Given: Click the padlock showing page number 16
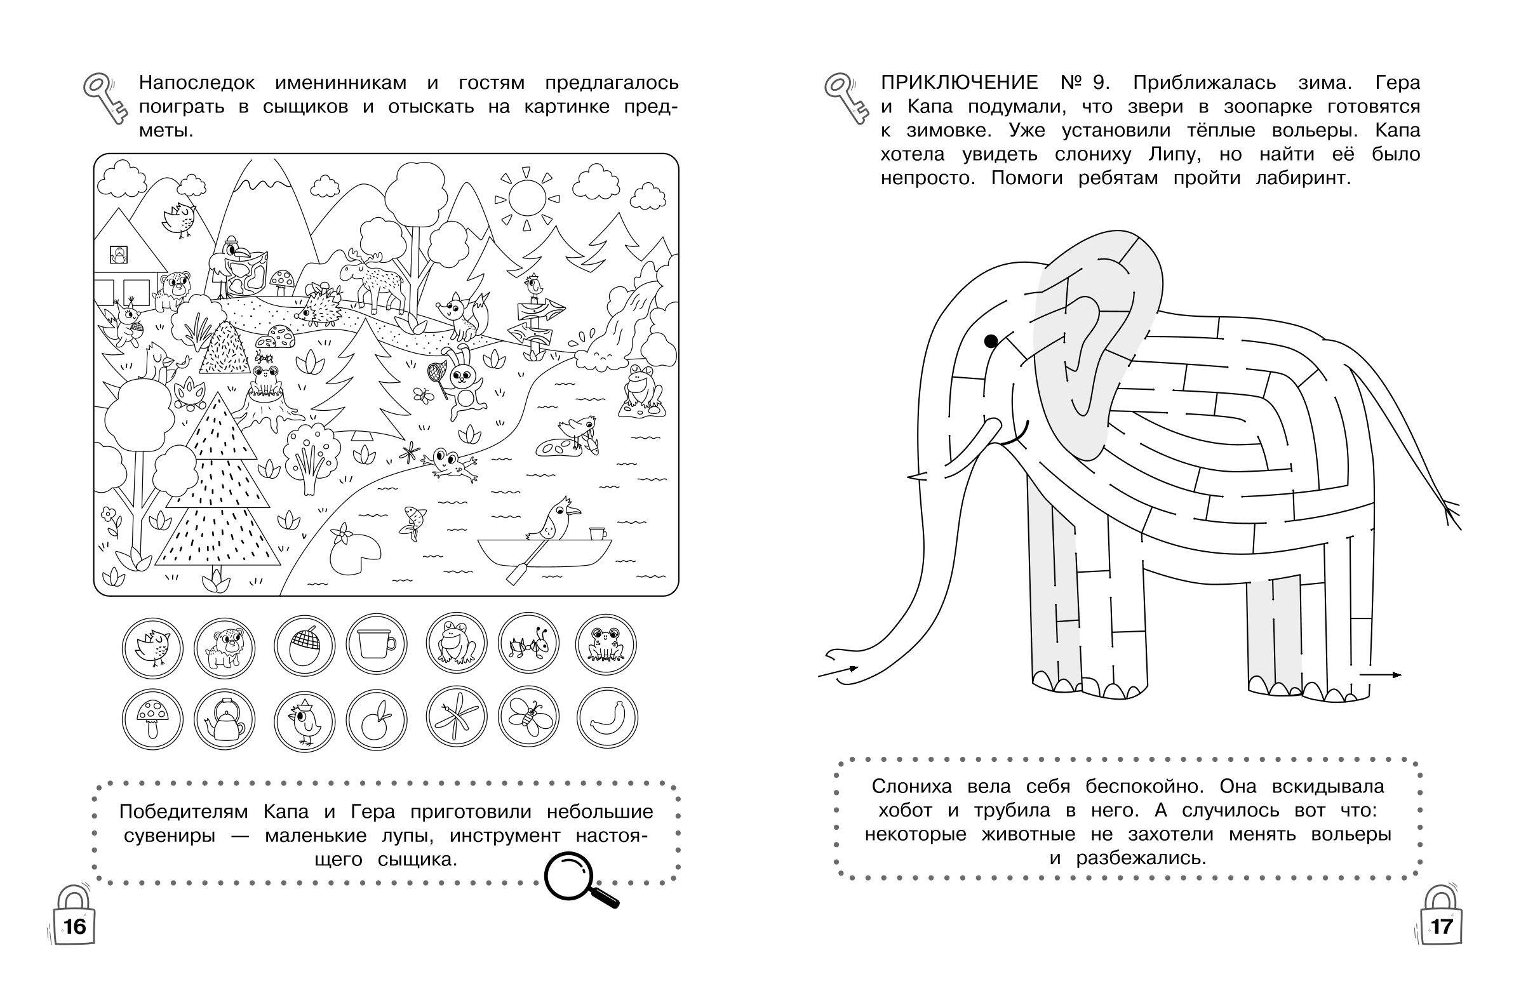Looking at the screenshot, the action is coord(74,921).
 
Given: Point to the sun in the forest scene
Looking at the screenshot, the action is coord(527,198).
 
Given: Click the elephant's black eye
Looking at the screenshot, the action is coord(991,341).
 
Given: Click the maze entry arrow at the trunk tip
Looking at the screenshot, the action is coord(838,672).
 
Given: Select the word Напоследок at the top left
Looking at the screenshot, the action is coord(198,84).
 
